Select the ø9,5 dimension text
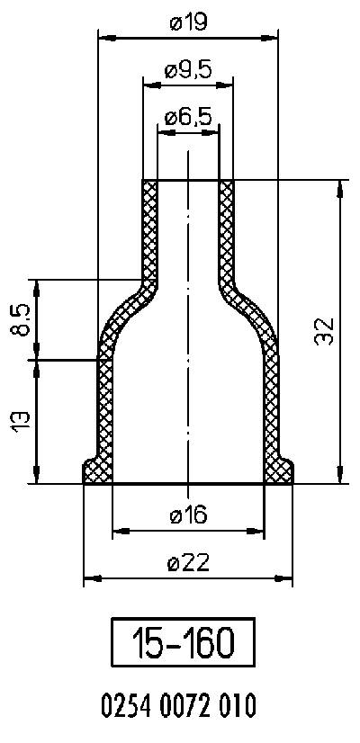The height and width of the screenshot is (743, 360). coord(188,71)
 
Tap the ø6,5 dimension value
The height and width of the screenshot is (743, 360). coord(188,117)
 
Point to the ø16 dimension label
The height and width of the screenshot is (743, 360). coord(188,515)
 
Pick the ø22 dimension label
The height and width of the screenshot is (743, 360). coord(188,563)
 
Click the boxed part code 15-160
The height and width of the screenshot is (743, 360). coord(183,643)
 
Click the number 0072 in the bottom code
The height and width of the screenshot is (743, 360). coord(187,703)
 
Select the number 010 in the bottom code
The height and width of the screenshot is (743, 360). coord(237,703)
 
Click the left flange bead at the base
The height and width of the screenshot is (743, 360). coord(93,470)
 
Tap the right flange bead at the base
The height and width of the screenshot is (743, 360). coord(283,470)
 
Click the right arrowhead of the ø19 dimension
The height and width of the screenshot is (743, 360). coord(272,38)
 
